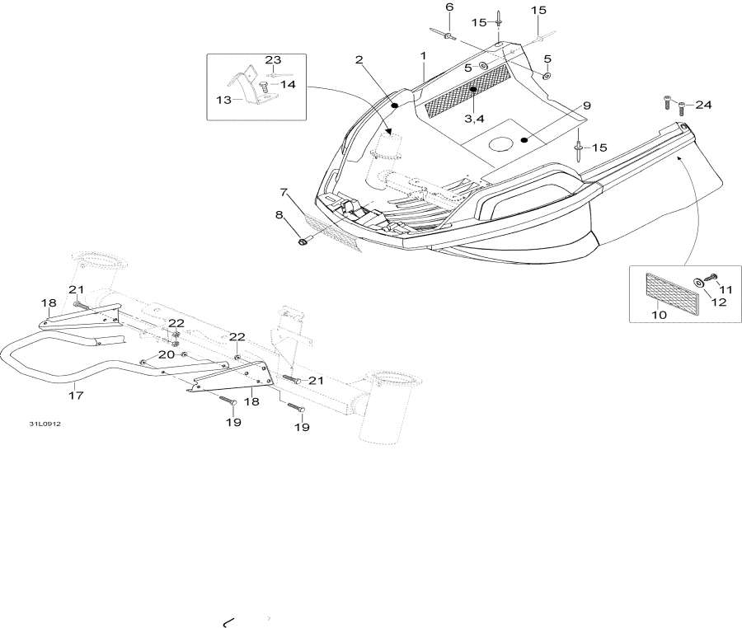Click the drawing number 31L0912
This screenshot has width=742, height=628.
click(x=45, y=424)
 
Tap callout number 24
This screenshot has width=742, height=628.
click(x=703, y=105)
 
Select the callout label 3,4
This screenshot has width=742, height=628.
click(x=474, y=119)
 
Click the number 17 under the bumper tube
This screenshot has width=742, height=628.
click(x=76, y=395)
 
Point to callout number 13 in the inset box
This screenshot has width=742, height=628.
click(x=223, y=100)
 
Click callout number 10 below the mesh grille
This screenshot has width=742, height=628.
click(x=660, y=315)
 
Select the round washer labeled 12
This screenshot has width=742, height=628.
click(x=698, y=283)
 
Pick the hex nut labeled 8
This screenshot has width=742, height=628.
click(x=302, y=242)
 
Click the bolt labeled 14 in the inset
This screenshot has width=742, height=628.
click(x=264, y=87)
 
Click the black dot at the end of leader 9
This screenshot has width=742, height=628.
click(x=524, y=139)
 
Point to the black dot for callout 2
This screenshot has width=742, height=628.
click(x=394, y=105)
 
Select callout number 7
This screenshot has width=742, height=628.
click(x=284, y=192)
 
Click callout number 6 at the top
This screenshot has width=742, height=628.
click(x=449, y=7)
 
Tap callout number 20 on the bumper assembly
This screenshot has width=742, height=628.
click(x=166, y=354)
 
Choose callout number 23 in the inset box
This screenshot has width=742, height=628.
click(x=273, y=59)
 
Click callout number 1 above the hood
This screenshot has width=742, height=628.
click(x=424, y=56)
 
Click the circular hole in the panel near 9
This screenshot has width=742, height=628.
click(x=501, y=143)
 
